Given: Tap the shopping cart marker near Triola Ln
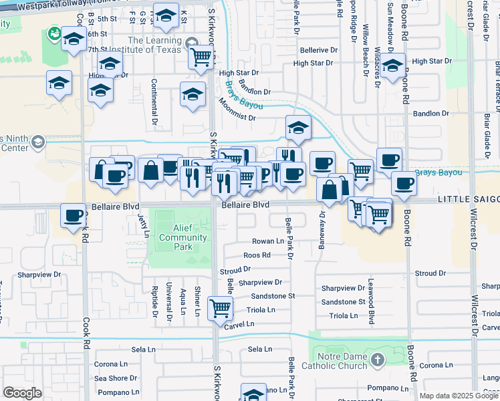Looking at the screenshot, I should click(220, 308).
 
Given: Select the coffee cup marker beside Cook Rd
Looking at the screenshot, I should click(73, 216).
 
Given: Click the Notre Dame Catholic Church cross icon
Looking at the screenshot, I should click(378, 360).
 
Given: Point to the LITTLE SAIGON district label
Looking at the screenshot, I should click(468, 200).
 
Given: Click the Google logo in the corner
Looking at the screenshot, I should click(22, 393).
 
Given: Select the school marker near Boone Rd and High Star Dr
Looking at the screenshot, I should click(393, 65).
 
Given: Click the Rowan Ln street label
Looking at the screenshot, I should click(267, 241).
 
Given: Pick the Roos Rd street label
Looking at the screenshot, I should click(257, 255).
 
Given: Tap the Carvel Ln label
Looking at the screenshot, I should click(239, 324).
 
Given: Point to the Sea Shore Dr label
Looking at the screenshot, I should click(116, 378).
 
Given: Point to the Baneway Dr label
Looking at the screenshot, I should click(322, 227).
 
